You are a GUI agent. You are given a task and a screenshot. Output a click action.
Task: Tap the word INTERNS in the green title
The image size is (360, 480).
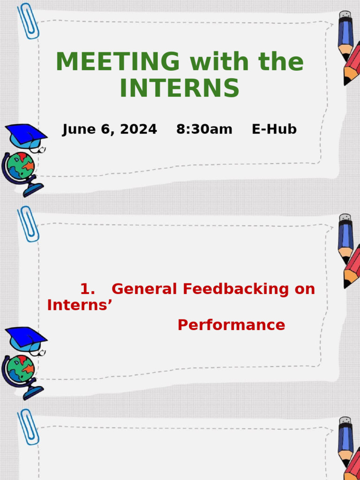pos(180,88)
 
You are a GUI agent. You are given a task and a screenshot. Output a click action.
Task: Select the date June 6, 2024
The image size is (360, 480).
pos(110,129)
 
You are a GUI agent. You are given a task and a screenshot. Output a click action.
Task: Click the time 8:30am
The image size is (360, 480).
pos(204,129)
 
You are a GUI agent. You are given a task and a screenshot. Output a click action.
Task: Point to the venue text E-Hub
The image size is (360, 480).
pos(274,129)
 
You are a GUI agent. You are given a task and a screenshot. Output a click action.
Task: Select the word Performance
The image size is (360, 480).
pos(231,325)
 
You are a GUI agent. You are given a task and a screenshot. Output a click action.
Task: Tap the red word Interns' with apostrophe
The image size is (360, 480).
pos(80,305)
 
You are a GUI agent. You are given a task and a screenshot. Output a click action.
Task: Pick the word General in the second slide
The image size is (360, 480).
pos(145,289)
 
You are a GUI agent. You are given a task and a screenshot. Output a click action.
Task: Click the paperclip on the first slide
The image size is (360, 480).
pos(28,21)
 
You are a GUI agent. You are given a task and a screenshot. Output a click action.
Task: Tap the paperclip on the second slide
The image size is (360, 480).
pos(28,224)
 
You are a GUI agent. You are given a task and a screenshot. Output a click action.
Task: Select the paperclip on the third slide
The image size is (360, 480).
pos(28,427)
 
